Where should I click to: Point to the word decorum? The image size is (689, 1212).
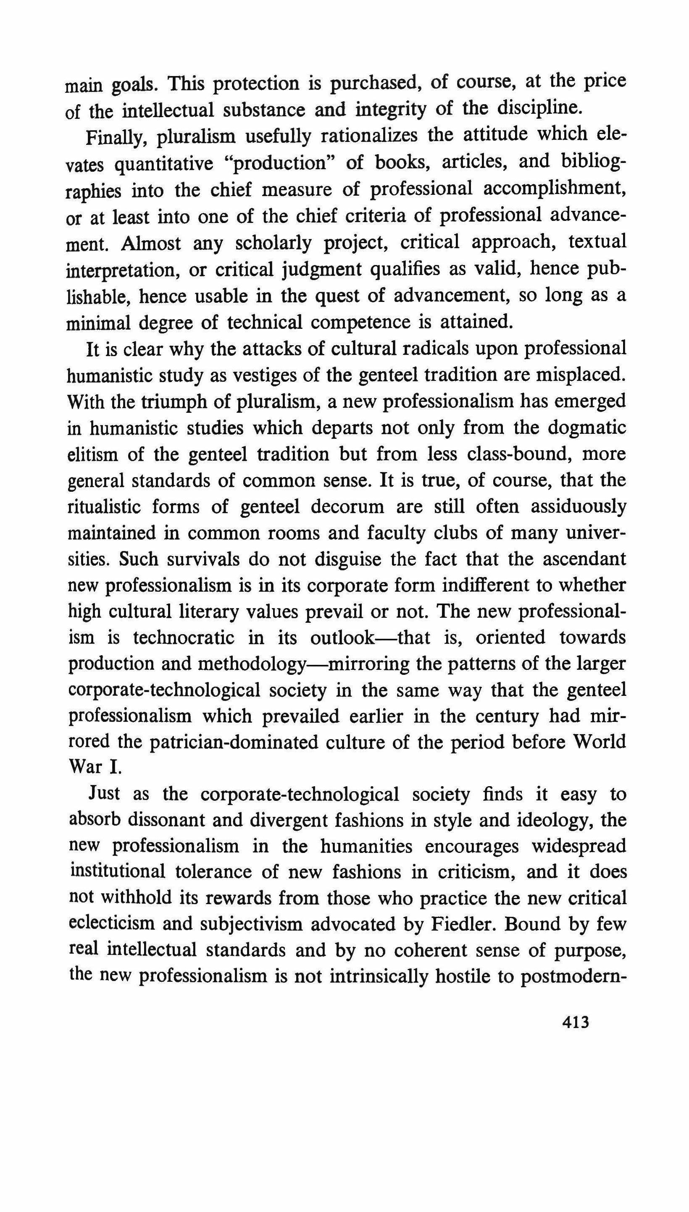pyautogui.click(x=347, y=507)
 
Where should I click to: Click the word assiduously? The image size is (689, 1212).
pyautogui.click(x=578, y=507)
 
